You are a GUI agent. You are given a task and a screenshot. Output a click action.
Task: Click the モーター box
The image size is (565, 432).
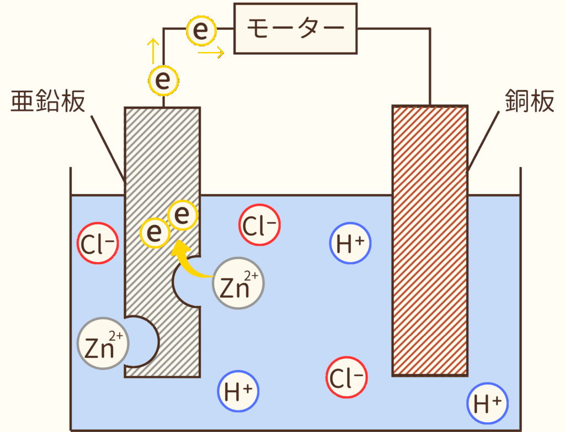click(296, 29)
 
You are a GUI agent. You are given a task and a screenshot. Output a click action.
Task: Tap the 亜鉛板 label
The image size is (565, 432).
click(49, 102)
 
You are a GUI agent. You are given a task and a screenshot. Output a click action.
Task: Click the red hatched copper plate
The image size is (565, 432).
click(430, 240)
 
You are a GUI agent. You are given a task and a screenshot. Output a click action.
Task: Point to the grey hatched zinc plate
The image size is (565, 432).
click(162, 166)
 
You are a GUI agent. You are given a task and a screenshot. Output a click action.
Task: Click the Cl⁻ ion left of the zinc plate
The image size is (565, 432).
click(98, 244)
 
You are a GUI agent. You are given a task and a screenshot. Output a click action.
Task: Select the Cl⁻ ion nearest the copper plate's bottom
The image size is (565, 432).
click(347, 378)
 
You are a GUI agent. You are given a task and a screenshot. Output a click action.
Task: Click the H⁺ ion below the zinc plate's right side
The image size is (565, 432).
click(239, 391)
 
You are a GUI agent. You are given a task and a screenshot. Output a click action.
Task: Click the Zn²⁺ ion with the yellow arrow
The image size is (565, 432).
click(238, 284)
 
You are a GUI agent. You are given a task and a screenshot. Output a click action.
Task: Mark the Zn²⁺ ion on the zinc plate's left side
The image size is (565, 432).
click(103, 343)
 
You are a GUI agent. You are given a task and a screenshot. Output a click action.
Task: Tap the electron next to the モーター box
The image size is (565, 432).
click(202, 31)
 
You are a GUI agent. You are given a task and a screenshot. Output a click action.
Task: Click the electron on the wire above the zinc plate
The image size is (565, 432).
click(163, 81)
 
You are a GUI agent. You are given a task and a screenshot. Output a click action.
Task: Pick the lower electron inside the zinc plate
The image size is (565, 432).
click(155, 233)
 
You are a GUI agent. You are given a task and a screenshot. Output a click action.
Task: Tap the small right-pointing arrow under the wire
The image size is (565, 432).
click(211, 53)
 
